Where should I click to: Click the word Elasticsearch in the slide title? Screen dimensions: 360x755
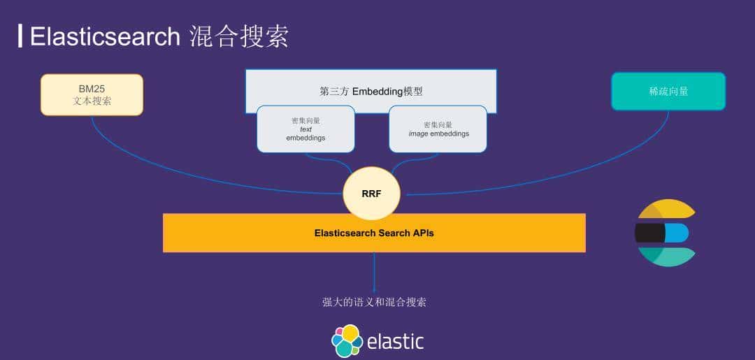[105, 36]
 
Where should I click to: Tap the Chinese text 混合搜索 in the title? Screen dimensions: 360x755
[239, 36]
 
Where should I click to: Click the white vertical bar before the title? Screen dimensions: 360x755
[20, 36]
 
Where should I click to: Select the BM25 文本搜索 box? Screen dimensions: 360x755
[92, 94]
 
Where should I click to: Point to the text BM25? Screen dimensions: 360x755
[92, 89]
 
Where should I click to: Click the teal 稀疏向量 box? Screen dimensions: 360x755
[668, 91]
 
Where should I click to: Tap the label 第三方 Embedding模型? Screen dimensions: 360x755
[371, 91]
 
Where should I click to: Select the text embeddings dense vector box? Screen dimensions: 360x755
[305, 129]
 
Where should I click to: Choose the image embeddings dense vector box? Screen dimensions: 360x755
[438, 129]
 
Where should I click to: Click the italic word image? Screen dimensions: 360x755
[418, 134]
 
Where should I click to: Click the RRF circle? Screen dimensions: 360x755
[371, 194]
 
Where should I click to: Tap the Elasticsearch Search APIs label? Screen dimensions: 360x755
[374, 233]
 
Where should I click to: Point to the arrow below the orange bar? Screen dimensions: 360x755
[374, 273]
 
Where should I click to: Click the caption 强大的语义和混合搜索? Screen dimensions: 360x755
[374, 302]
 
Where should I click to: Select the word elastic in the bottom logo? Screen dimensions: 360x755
[395, 342]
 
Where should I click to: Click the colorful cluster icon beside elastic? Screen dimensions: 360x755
[347, 340]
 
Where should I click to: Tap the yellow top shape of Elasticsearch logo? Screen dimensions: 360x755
[668, 210]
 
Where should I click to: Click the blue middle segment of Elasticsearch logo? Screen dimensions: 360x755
[676, 233]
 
